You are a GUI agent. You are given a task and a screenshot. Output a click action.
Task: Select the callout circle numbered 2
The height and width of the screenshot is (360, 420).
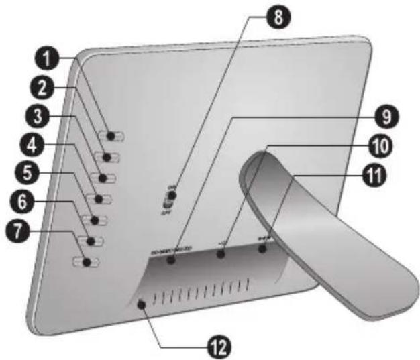[x=46, y=87]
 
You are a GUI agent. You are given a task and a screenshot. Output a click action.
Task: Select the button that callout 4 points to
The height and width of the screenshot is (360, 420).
[x=100, y=199]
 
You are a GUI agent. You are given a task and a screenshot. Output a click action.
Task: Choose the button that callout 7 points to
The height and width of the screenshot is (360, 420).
[x=87, y=261]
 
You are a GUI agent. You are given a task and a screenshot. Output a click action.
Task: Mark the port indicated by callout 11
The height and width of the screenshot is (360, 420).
[x=262, y=249]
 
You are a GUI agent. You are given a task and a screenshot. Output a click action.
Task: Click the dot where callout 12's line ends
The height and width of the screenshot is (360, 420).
[x=142, y=305]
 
